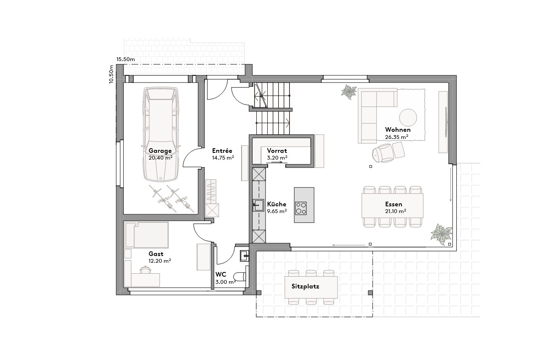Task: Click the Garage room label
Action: pyautogui.click(x=160, y=151)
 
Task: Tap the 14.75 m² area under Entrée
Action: pyautogui.click(x=223, y=157)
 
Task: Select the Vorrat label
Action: pyautogui.click(x=277, y=151)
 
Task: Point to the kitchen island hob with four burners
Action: pyautogui.click(x=301, y=208)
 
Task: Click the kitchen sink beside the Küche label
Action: pyautogui.click(x=258, y=205)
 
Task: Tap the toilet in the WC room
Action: pyautogui.click(x=240, y=277)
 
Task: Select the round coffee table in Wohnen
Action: pyautogui.click(x=408, y=117)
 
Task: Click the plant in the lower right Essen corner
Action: pyautogui.click(x=441, y=234)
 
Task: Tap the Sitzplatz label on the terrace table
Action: pyautogui.click(x=305, y=286)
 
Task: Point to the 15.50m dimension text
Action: pyautogui.click(x=125, y=59)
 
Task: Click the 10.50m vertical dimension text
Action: pyautogui.click(x=111, y=74)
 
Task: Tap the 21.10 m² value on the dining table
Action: pyautogui.click(x=396, y=211)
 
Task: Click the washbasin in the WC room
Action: pyautogui.click(x=245, y=255)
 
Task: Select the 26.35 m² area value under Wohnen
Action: pyautogui.click(x=396, y=137)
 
